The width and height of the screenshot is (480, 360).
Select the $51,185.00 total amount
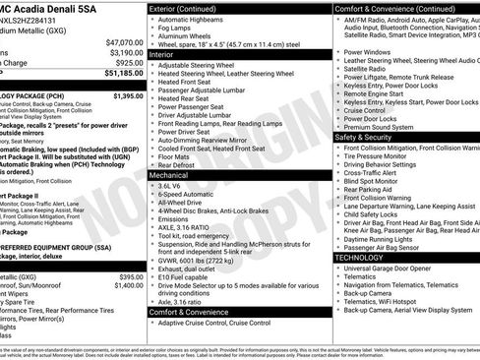point(124,73)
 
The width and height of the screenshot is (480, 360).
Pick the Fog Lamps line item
point(180,31)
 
